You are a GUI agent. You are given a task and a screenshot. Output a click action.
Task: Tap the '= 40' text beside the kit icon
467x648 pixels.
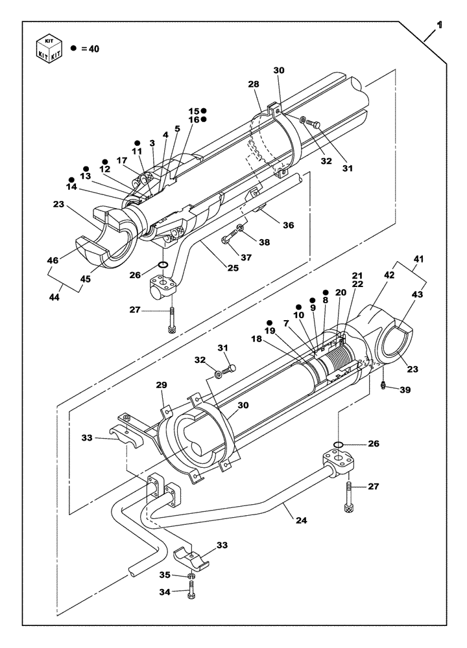[90, 49]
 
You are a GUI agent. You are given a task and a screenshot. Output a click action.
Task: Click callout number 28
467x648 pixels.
[253, 85]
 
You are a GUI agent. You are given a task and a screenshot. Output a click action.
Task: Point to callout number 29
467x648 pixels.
[162, 386]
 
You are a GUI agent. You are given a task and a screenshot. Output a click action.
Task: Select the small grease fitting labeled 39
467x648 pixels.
[384, 386]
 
